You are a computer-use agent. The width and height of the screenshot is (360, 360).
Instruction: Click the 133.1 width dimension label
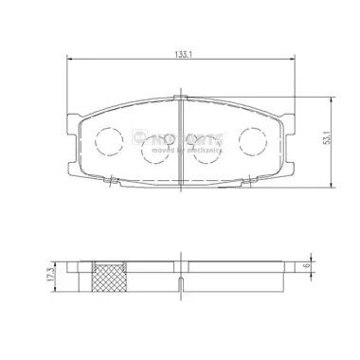(184, 52)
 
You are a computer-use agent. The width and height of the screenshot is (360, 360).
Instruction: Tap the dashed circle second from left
(154, 150)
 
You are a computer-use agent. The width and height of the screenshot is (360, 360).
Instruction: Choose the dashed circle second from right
(207, 150)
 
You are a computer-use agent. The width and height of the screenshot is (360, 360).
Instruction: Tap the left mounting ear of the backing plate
(72, 124)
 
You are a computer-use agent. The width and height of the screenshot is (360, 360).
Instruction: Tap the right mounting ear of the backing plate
(290, 124)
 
